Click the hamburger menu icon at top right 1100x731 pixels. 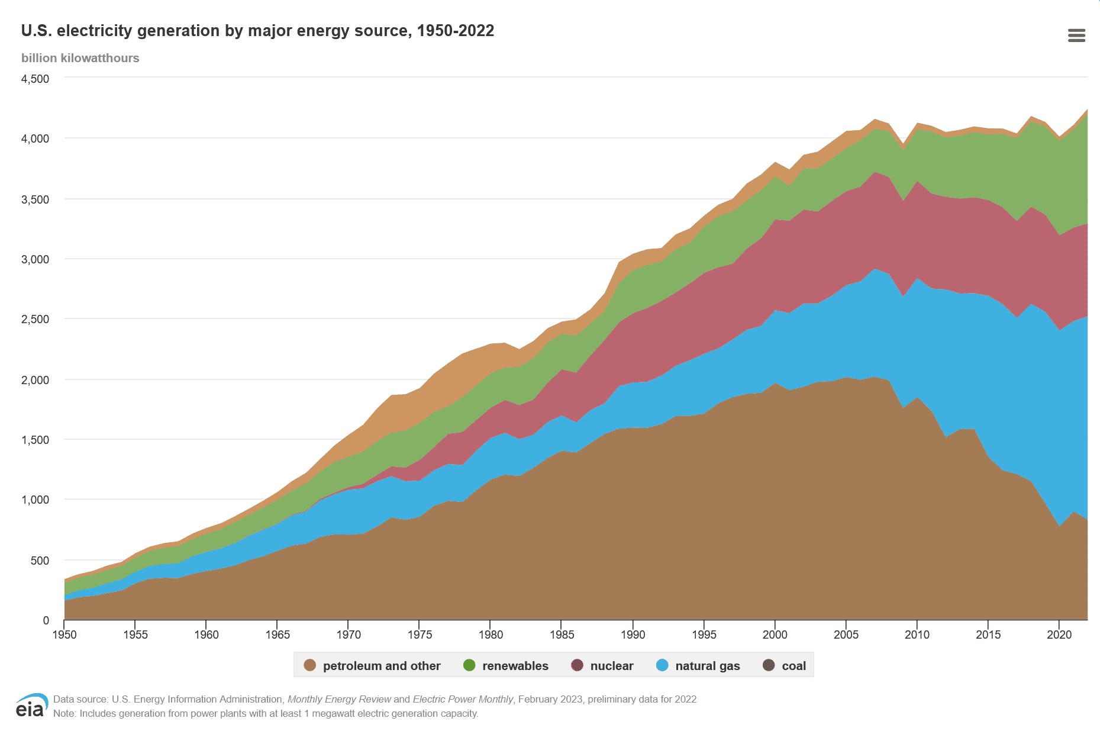(x=1076, y=36)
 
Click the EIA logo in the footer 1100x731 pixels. (x=31, y=706)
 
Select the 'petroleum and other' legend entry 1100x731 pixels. (x=372, y=665)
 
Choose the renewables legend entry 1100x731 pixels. (x=506, y=665)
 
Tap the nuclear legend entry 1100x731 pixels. (x=602, y=665)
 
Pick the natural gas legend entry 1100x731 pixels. (x=698, y=665)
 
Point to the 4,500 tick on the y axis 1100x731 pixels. (x=36, y=79)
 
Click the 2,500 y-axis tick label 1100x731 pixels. (x=36, y=319)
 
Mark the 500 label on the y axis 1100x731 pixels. (x=40, y=560)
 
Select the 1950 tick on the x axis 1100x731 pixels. (x=64, y=635)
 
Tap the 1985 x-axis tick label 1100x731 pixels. (x=562, y=635)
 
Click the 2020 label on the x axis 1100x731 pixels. (x=1059, y=635)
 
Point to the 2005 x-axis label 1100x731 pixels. (x=846, y=635)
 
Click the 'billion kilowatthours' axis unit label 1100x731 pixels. (x=80, y=58)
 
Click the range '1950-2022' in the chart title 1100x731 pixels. (x=455, y=31)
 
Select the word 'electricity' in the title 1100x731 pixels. (x=95, y=31)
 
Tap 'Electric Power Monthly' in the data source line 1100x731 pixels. (x=463, y=699)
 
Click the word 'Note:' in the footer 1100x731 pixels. (x=65, y=713)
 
